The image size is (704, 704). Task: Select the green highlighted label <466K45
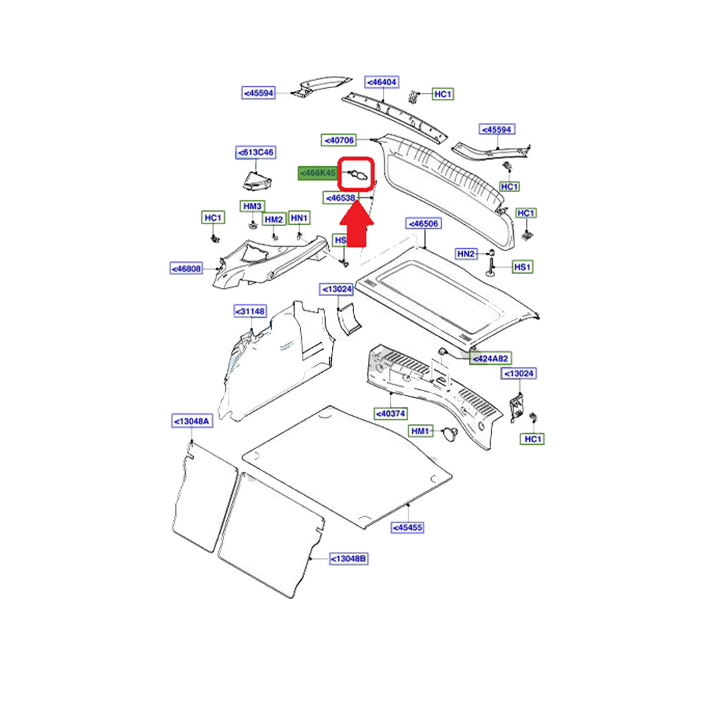[317, 174]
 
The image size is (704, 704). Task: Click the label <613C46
[255, 152]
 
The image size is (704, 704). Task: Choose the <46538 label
[341, 199]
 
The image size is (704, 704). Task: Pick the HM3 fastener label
[252, 206]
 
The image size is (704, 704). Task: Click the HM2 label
[274, 219]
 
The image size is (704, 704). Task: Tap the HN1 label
[299, 218]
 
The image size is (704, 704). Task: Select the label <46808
[187, 268]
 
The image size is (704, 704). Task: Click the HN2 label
[466, 254]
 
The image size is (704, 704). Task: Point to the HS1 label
[523, 266]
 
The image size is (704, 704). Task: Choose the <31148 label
[250, 311]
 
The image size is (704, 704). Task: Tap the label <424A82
[491, 358]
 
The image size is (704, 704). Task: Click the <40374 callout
[390, 413]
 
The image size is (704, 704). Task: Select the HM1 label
[420, 431]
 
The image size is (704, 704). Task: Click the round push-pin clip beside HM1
[452, 433]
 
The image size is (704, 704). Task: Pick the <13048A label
[191, 421]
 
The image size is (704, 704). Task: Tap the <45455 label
[408, 527]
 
